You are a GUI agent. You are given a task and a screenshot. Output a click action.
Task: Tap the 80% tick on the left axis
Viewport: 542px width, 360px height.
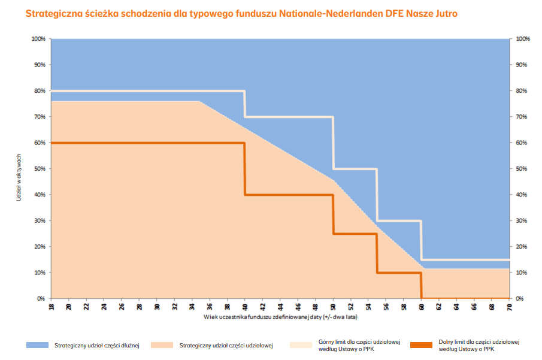pyautogui.click(x=40, y=91)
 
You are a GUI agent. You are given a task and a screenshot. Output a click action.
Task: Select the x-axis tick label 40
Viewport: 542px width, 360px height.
pyautogui.click(x=244, y=307)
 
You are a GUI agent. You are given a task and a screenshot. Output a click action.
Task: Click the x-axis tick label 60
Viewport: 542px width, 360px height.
pyautogui.click(x=421, y=307)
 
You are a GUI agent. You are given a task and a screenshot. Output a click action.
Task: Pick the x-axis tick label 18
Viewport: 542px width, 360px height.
pyautogui.click(x=52, y=307)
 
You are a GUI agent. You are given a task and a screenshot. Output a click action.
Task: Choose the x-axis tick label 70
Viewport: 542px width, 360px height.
pyautogui.click(x=509, y=307)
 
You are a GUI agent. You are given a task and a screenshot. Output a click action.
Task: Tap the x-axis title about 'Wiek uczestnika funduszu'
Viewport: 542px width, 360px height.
pyautogui.click(x=281, y=316)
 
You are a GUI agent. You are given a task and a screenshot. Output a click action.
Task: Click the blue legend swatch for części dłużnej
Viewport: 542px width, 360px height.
pyautogui.click(x=37, y=346)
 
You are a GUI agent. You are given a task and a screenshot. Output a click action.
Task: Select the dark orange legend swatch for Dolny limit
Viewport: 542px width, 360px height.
pyautogui.click(x=422, y=346)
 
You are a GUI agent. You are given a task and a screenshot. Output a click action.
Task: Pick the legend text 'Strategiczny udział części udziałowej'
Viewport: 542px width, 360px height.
pyautogui.click(x=226, y=346)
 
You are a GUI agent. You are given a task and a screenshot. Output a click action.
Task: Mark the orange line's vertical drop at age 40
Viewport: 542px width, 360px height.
pyautogui.click(x=244, y=169)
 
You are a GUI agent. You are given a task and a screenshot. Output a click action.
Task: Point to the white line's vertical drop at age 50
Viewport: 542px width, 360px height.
pyautogui.click(x=333, y=143)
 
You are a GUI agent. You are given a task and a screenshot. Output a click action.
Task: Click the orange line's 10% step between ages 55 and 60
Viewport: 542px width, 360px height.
pyautogui.click(x=399, y=273)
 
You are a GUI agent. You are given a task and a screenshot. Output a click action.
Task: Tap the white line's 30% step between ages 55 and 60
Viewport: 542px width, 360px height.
pyautogui.click(x=399, y=221)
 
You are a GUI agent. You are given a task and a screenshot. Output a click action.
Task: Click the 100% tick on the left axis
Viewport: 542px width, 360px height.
pyautogui.click(x=38, y=39)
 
